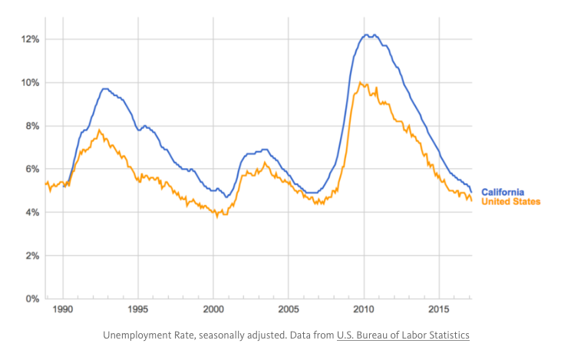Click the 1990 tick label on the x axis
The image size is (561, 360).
coord(63,312)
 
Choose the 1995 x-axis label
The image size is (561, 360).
coord(138,312)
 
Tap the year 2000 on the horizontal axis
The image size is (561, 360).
coord(213,312)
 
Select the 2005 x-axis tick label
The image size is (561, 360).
coord(289,312)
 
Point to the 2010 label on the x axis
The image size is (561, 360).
coord(364,312)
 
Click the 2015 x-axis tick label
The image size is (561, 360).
coord(439,312)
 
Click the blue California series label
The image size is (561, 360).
coord(503,191)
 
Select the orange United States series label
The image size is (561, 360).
coord(510,202)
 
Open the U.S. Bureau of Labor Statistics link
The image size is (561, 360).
coord(403,335)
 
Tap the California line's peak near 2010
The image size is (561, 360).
coord(367,35)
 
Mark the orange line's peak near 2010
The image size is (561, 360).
coord(361,83)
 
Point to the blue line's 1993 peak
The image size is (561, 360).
coord(105,88)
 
